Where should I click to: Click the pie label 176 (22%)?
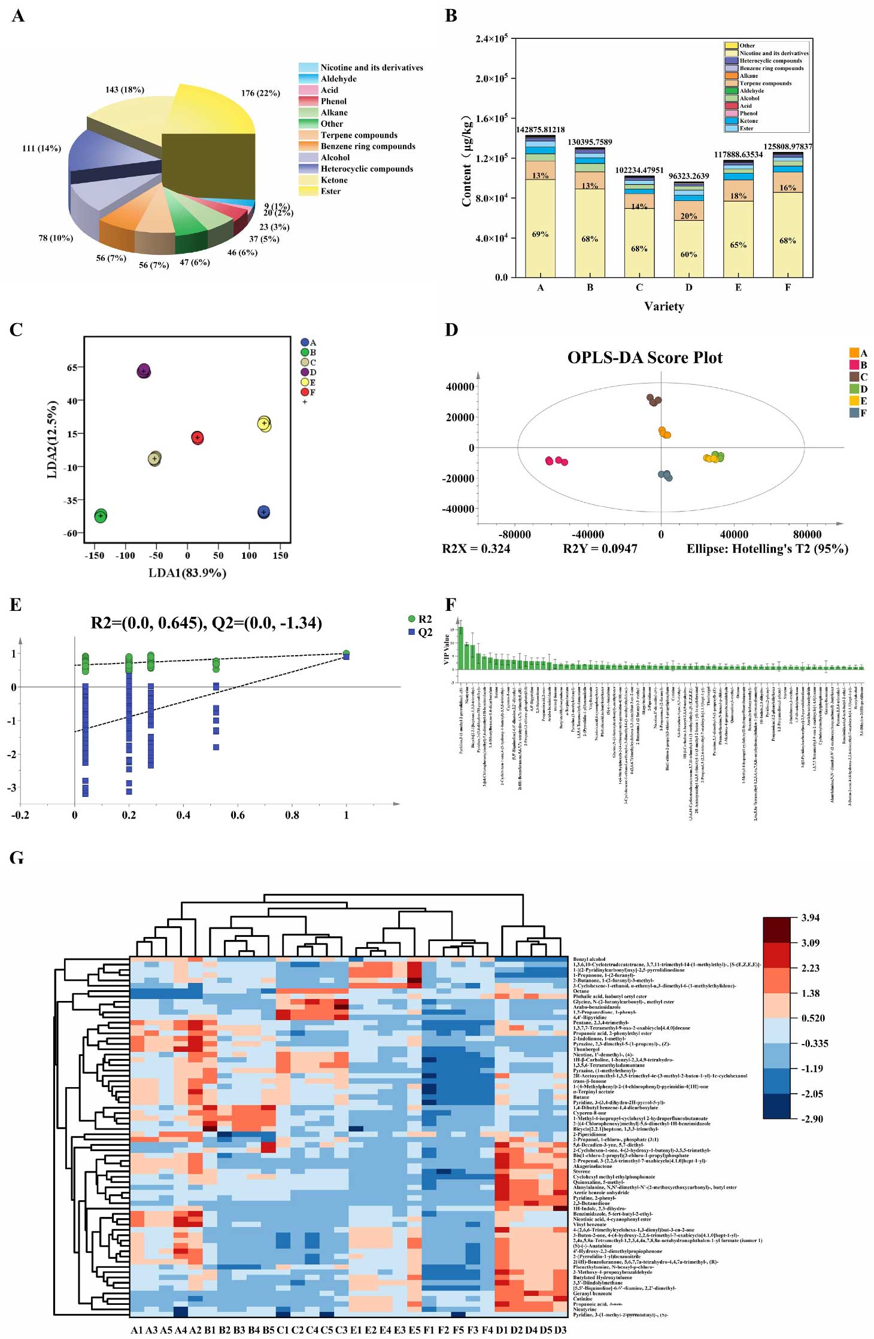tap(260, 93)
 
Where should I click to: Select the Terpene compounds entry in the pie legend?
tap(359, 135)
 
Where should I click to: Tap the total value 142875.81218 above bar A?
tap(540, 130)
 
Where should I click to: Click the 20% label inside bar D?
tap(688, 216)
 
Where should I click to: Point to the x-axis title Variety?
tap(664, 306)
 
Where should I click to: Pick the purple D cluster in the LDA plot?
tap(144, 371)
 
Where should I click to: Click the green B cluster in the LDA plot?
tap(101, 516)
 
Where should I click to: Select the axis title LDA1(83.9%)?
tap(187, 573)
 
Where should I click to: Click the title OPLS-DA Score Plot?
tap(645, 358)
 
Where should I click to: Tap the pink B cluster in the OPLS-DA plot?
tap(557, 461)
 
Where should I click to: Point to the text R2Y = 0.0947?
tap(600, 549)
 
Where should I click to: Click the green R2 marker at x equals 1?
tap(346, 653)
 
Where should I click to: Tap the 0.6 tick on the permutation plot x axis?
tap(238, 815)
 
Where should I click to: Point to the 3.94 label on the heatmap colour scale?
tap(811, 918)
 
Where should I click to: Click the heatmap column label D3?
tap(560, 1329)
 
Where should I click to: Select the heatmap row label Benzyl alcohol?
tap(589, 959)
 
